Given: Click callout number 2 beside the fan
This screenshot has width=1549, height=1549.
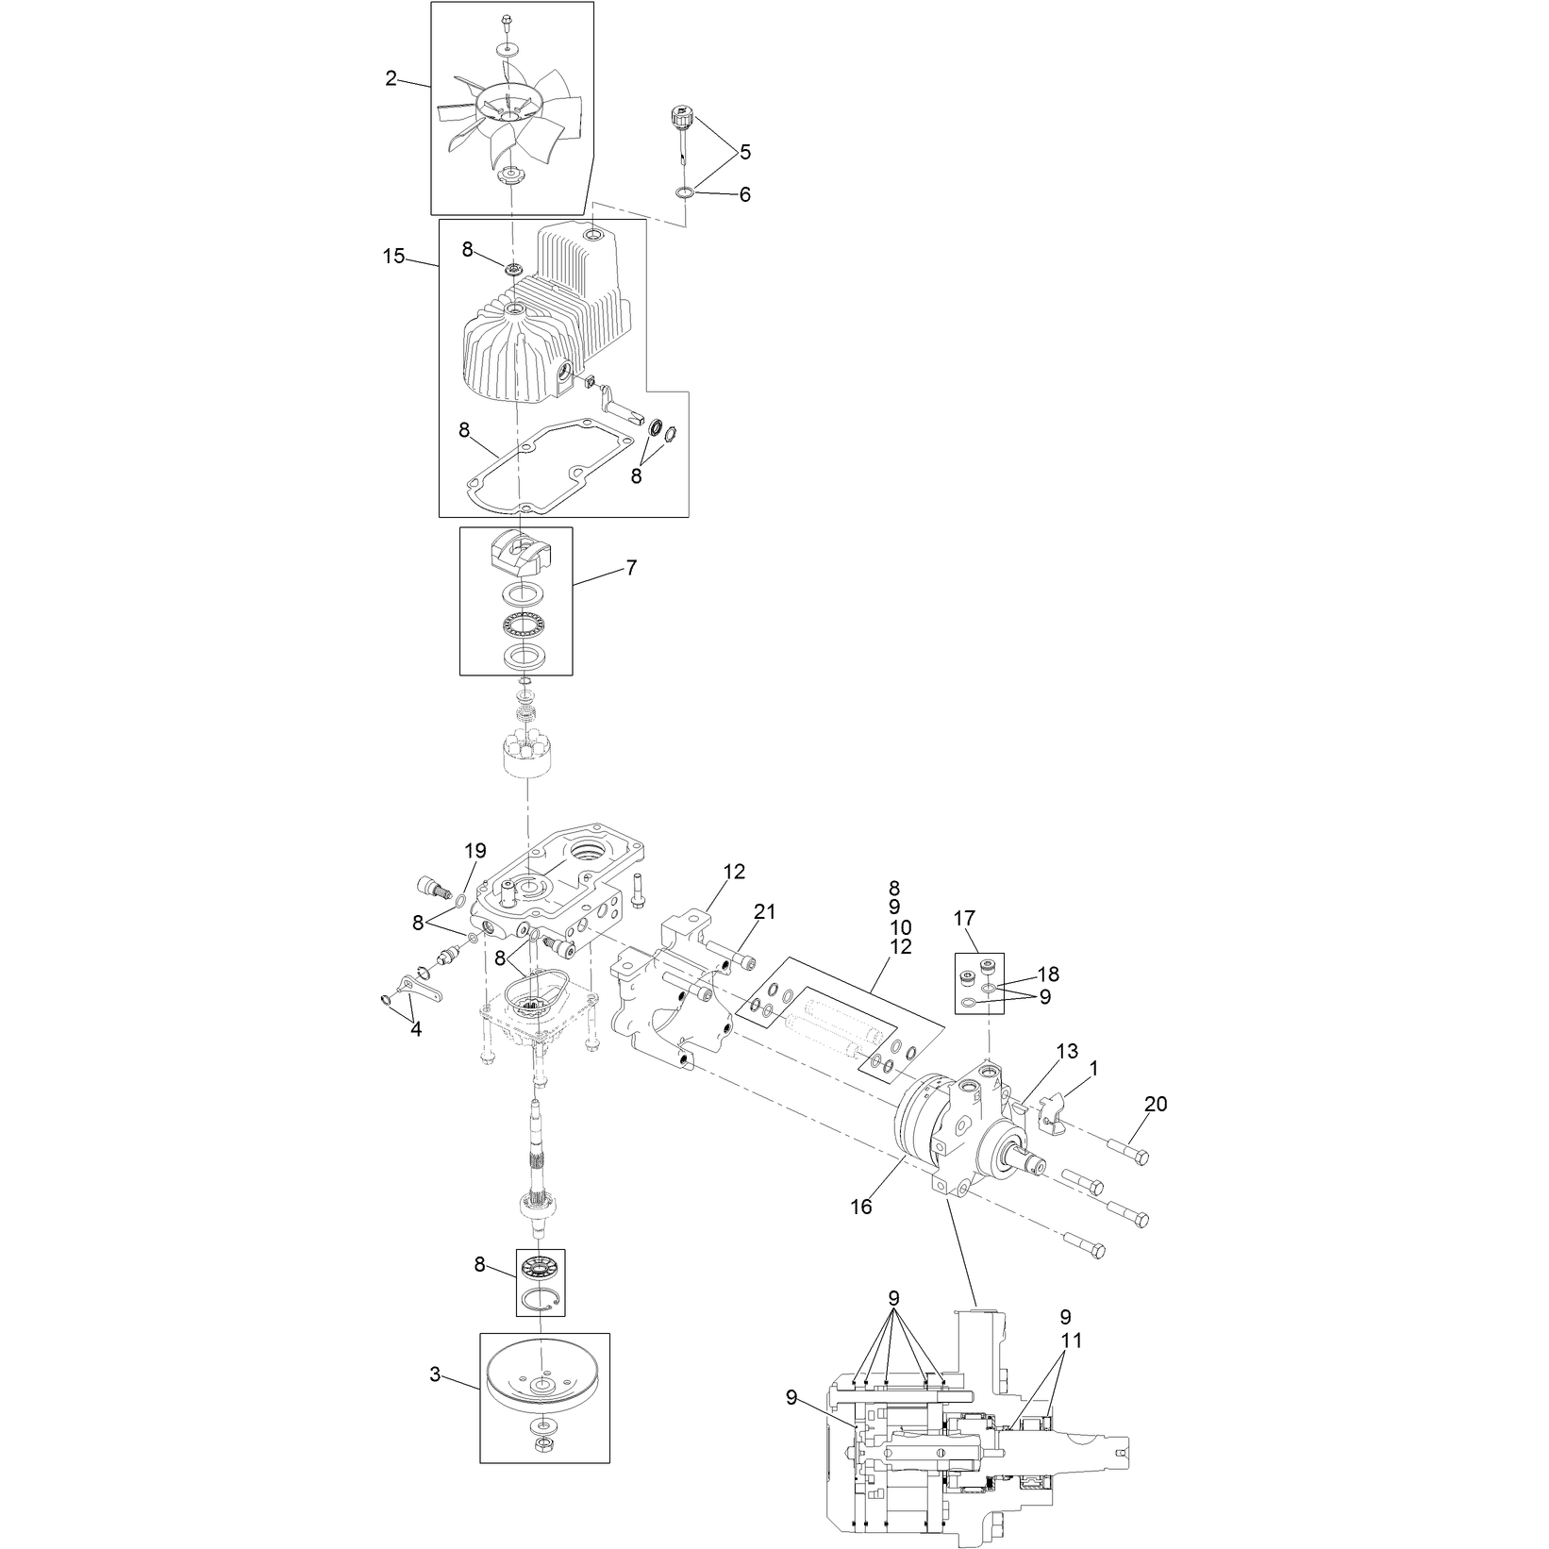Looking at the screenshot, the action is pyautogui.click(x=391, y=79).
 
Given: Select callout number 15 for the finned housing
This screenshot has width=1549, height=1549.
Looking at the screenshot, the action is pyautogui.click(x=393, y=256).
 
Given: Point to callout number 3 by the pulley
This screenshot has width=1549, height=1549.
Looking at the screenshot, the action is pyautogui.click(x=435, y=1375).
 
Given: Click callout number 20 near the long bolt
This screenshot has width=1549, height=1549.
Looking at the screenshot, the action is pyautogui.click(x=1156, y=1104).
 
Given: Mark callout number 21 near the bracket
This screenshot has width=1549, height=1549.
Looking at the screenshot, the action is pyautogui.click(x=764, y=911).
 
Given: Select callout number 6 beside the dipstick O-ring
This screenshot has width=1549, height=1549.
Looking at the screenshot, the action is pyautogui.click(x=745, y=195).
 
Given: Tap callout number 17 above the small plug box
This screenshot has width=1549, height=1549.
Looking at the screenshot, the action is pyautogui.click(x=964, y=917).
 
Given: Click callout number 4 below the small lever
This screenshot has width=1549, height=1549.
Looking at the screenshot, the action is pyautogui.click(x=416, y=1029).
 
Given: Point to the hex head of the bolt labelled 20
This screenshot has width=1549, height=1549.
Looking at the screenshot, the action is pyautogui.click(x=1140, y=1158).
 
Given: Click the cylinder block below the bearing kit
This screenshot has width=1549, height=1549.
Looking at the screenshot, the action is pyautogui.click(x=529, y=752).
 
